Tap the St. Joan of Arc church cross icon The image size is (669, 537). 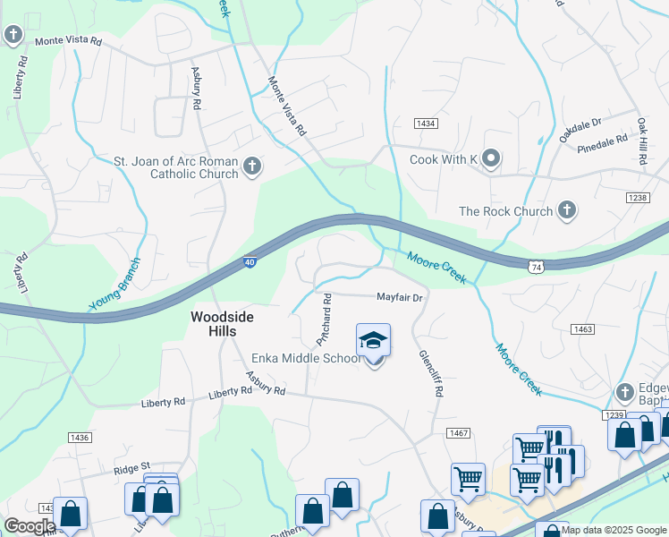pos(253,166)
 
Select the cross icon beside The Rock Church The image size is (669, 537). pos(566,210)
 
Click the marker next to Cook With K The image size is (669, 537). pos(491,159)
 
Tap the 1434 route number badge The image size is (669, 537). pos(425,123)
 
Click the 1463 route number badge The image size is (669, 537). pos(583,330)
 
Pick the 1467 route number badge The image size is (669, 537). pos(459,433)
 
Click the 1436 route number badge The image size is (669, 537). pos(79,437)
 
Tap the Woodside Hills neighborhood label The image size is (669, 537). pos(214,324)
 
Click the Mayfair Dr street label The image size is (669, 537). pos(398,296)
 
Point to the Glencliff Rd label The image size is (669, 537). pos(432,373)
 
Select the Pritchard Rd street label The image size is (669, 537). pos(324,320)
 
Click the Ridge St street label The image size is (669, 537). pos(131,468)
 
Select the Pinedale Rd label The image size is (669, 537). pos(603,143)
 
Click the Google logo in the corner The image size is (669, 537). pos(30,526)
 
